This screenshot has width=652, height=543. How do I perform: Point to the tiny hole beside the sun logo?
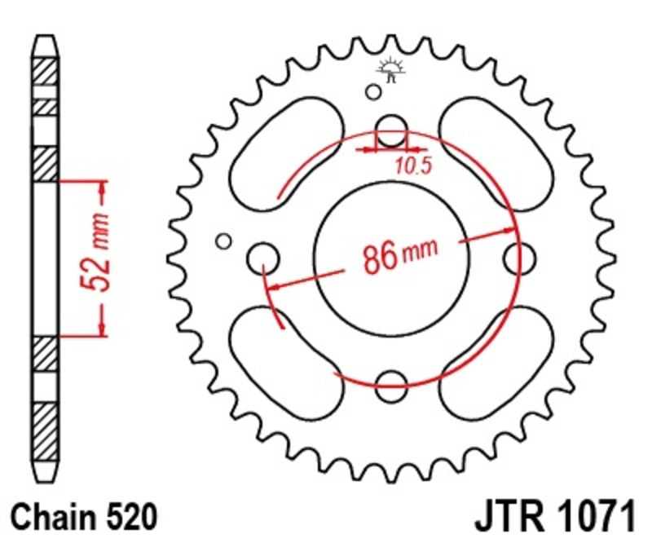pos(373,91)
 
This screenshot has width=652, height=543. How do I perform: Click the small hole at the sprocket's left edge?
pos(223,241)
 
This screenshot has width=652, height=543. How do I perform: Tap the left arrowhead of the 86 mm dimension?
pos(275,287)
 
